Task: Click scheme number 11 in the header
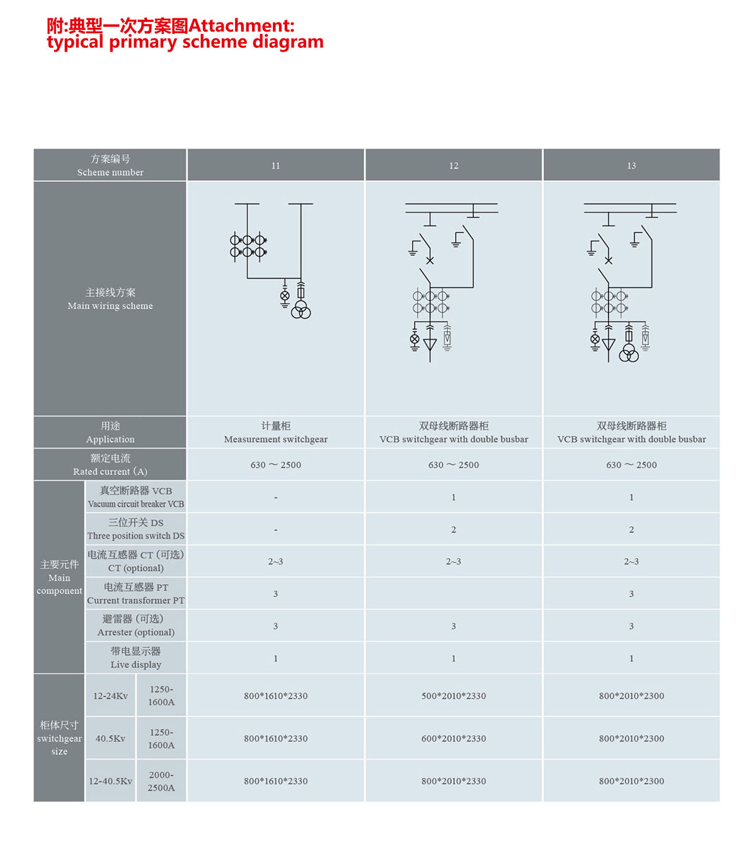click(x=275, y=166)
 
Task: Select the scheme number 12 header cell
click(x=454, y=166)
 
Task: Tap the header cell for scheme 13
click(x=631, y=166)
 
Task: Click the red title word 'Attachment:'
click(x=241, y=26)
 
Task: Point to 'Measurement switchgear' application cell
click(x=275, y=433)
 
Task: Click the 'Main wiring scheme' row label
click(x=110, y=299)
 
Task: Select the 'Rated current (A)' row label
click(x=110, y=465)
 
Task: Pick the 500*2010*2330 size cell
click(x=454, y=696)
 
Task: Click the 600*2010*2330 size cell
click(x=454, y=738)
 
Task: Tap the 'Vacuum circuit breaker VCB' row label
click(x=135, y=497)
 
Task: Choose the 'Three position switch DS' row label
click(x=135, y=529)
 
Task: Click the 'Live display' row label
click(x=135, y=658)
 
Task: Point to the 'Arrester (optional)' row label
click(x=135, y=626)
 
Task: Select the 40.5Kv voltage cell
click(x=110, y=738)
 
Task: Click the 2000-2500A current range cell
click(x=161, y=781)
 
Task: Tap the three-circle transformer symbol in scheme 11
click(x=301, y=310)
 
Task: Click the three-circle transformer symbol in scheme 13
click(x=629, y=353)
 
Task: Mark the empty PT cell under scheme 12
click(x=454, y=594)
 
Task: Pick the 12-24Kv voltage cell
click(x=110, y=696)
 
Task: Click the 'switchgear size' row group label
click(x=59, y=738)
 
